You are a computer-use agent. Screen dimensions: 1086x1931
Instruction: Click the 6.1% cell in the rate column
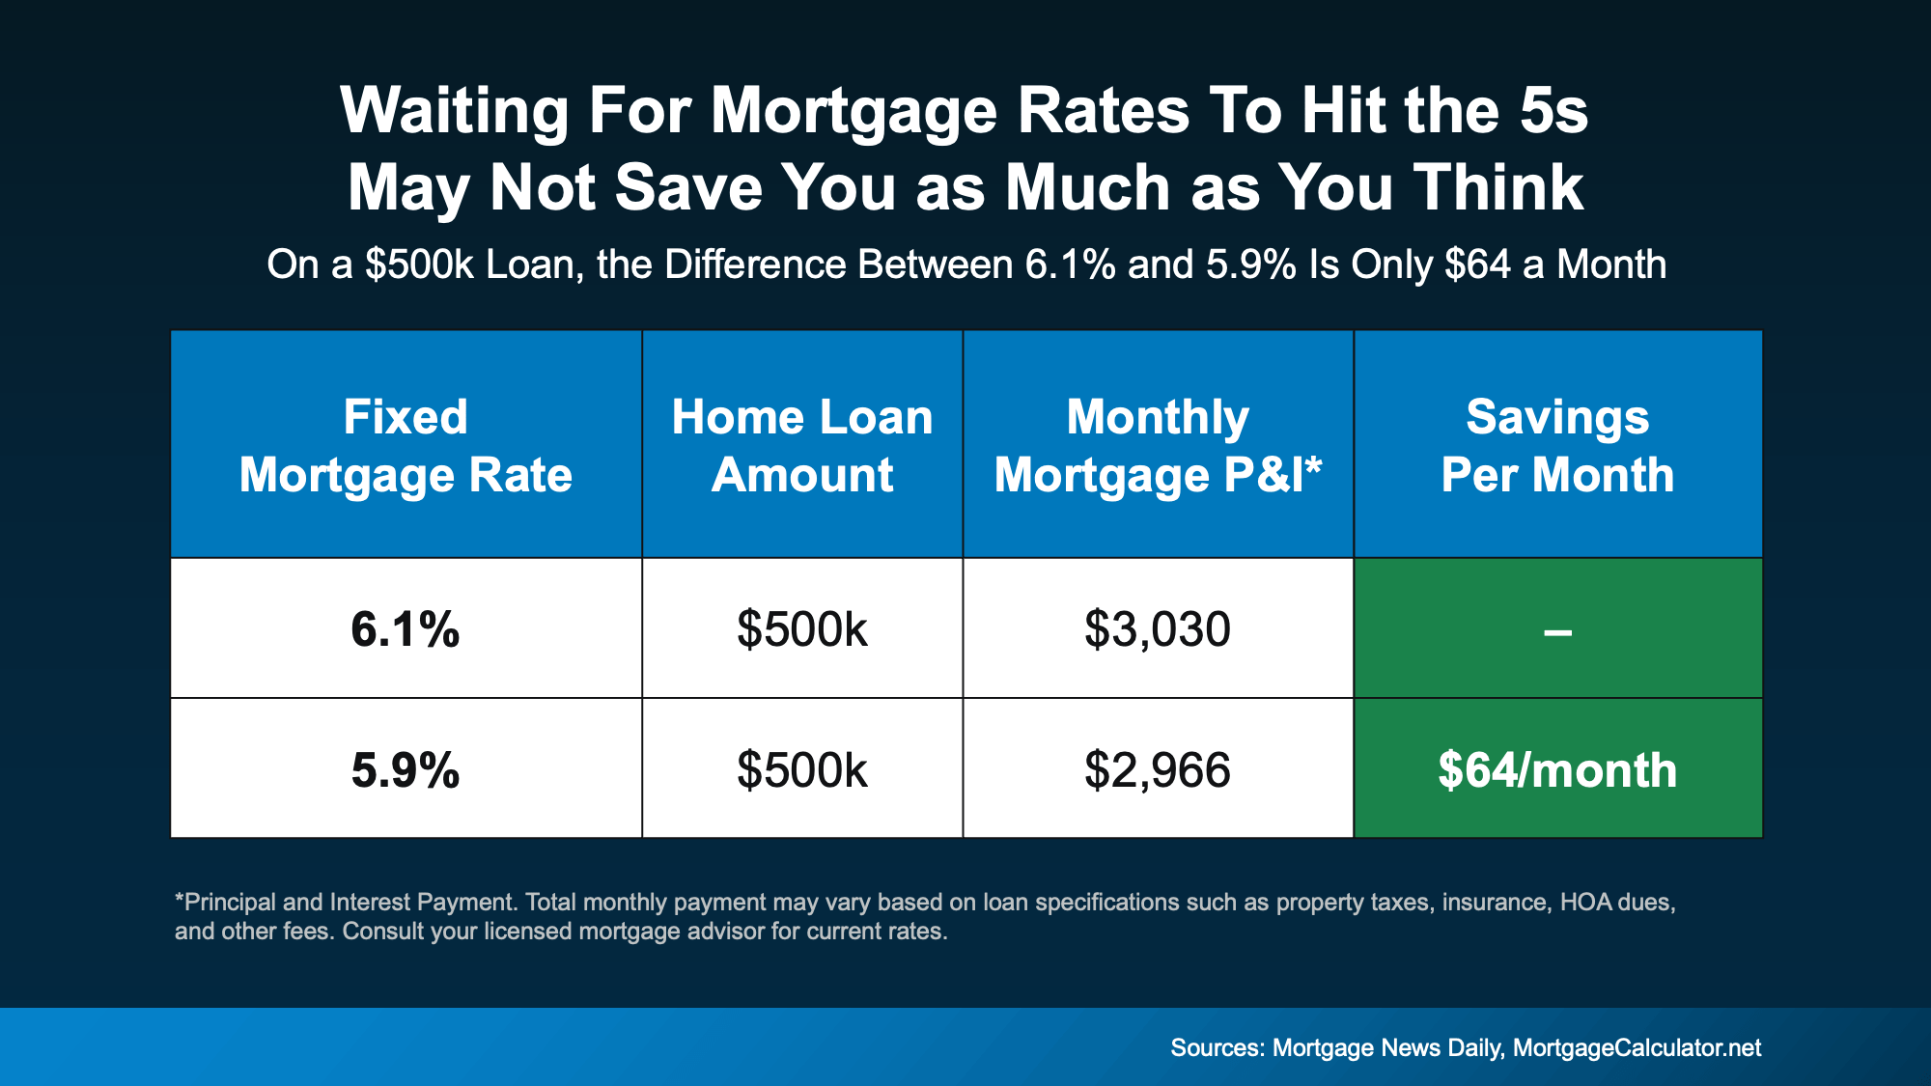pyautogui.click(x=406, y=629)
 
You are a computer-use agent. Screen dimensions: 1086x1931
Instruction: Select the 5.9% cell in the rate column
pyautogui.click(x=406, y=770)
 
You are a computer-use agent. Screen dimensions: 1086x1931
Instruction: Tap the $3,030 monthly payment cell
pyautogui.click(x=1158, y=629)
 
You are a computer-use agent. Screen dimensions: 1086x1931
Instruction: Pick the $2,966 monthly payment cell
pyautogui.click(x=1158, y=770)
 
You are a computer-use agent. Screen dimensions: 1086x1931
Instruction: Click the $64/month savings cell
pyautogui.click(x=1557, y=770)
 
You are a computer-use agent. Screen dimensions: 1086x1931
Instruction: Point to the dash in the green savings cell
pyautogui.click(x=1557, y=633)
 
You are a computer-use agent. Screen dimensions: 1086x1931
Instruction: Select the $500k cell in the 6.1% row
pyautogui.click(x=802, y=629)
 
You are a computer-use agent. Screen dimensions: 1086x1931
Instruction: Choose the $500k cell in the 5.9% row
pyautogui.click(x=802, y=770)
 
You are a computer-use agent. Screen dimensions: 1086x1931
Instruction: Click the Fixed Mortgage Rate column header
pyautogui.click(x=406, y=446)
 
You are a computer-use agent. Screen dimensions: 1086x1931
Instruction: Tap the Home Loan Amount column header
pyautogui.click(x=802, y=446)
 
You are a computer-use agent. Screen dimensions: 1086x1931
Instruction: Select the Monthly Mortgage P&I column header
pyautogui.click(x=1158, y=446)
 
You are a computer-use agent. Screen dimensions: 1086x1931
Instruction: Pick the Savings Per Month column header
pyautogui.click(x=1557, y=446)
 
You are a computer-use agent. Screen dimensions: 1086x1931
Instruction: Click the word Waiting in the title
pyautogui.click(x=454, y=112)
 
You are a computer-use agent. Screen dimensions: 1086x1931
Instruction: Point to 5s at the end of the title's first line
pyautogui.click(x=1553, y=110)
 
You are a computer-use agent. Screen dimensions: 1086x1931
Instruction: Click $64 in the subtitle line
pyautogui.click(x=1477, y=265)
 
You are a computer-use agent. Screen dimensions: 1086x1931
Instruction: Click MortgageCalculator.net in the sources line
pyautogui.click(x=1637, y=1048)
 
